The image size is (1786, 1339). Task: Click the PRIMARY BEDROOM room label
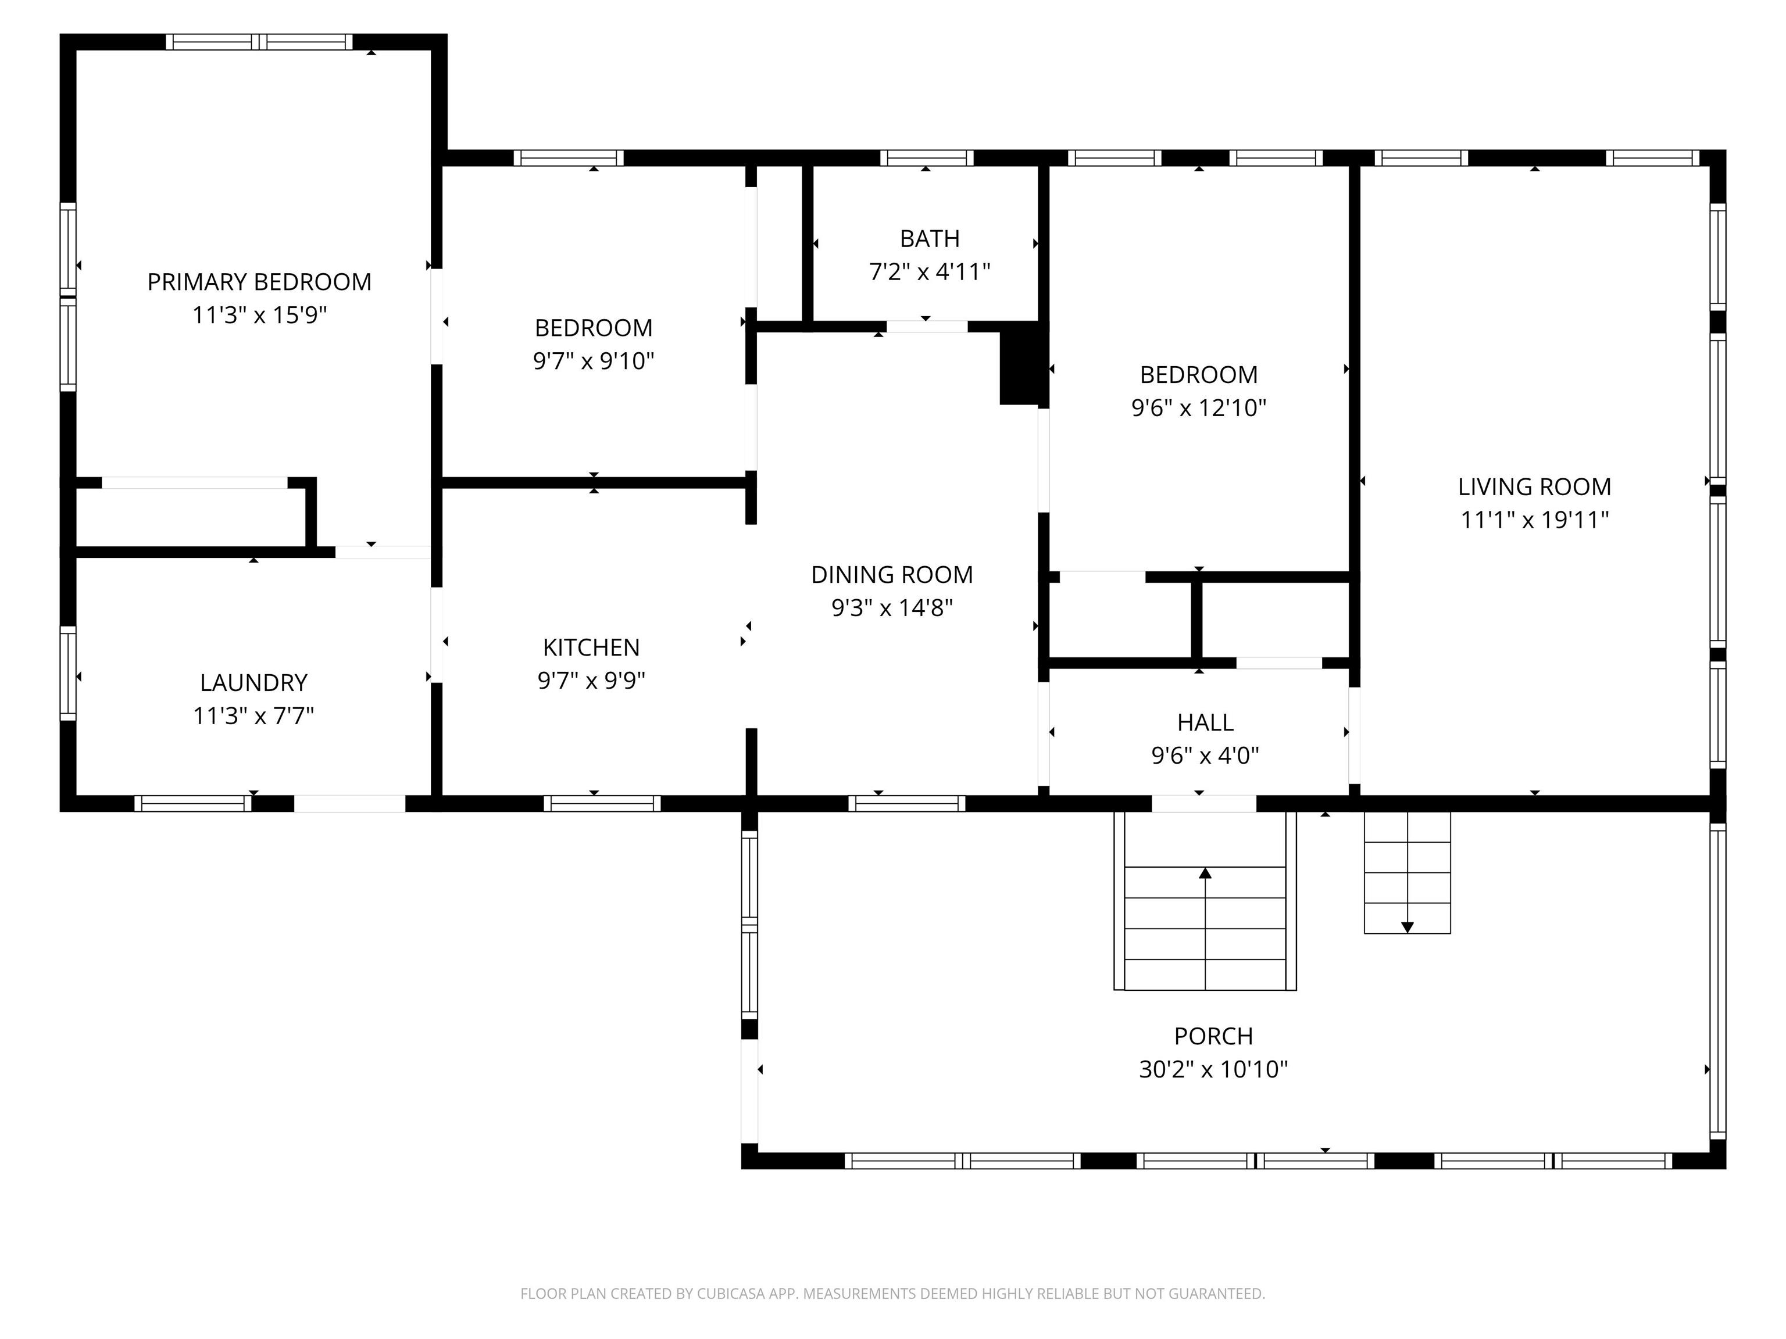point(259,282)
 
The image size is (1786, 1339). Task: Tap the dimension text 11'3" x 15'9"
point(259,315)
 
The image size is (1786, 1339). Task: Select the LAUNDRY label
point(253,683)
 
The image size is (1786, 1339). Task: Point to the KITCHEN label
point(591,647)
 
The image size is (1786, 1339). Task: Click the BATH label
point(929,239)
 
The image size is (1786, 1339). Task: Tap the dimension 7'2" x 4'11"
point(929,272)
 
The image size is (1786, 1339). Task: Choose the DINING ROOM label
point(892,575)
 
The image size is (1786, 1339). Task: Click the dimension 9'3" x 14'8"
point(892,608)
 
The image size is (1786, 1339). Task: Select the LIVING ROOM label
point(1534,486)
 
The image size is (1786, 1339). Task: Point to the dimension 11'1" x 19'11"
point(1534,520)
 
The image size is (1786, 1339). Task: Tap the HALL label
point(1205,722)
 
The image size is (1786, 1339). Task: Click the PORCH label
point(1213,1036)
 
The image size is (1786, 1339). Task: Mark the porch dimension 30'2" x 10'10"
point(1213,1069)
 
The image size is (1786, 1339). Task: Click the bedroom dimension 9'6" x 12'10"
point(1199,407)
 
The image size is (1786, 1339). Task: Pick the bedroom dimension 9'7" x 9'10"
point(594,361)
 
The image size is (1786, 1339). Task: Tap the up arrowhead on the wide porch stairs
point(1205,872)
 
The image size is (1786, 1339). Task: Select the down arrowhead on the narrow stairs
point(1408,928)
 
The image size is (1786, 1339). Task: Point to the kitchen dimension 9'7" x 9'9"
point(591,681)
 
